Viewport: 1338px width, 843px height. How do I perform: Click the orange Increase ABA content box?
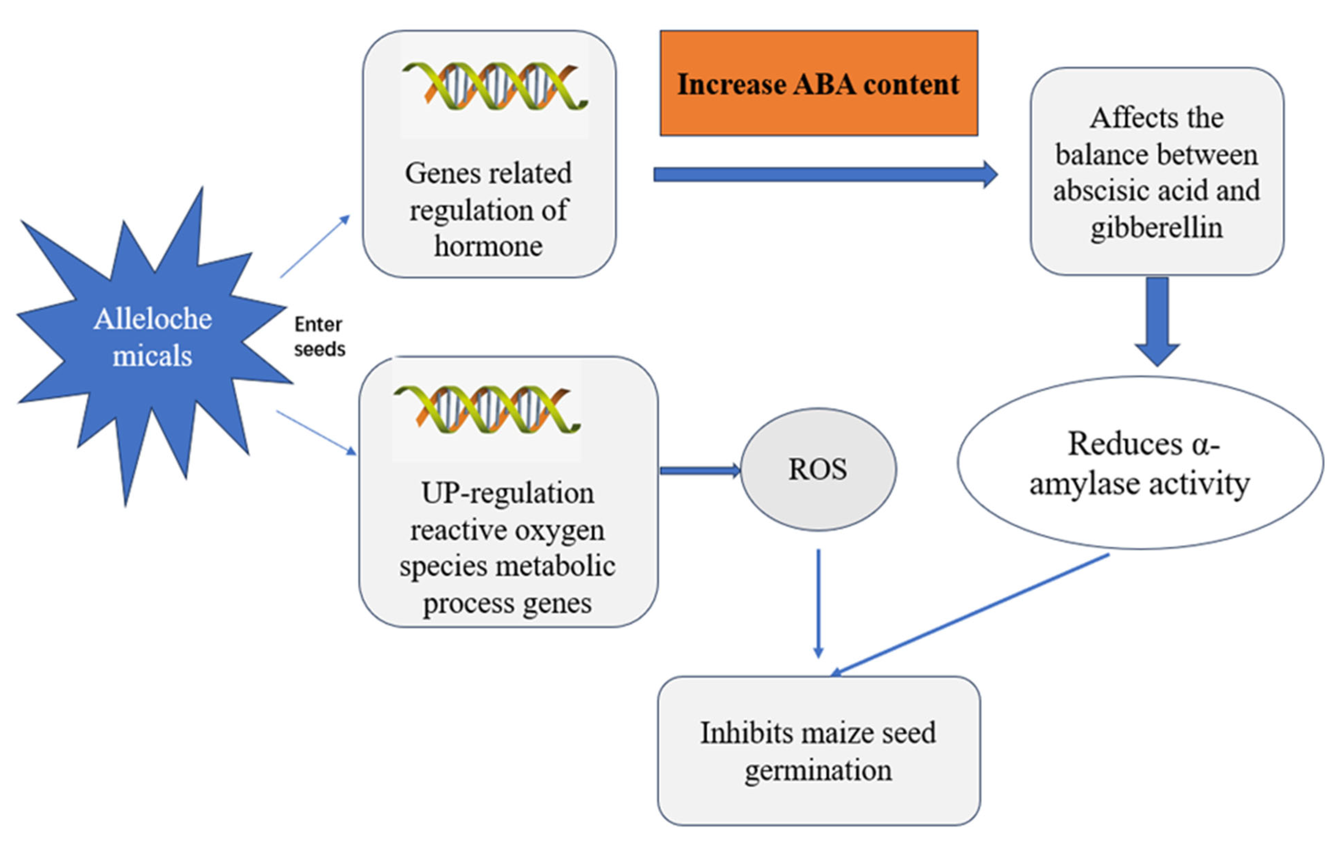click(819, 83)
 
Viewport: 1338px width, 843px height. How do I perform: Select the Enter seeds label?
click(319, 337)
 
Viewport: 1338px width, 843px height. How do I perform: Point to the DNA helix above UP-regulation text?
click(487, 409)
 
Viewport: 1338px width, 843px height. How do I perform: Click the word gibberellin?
click(1156, 227)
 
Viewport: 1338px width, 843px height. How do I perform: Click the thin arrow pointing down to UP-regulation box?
click(316, 433)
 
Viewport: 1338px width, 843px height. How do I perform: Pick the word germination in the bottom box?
click(818, 770)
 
